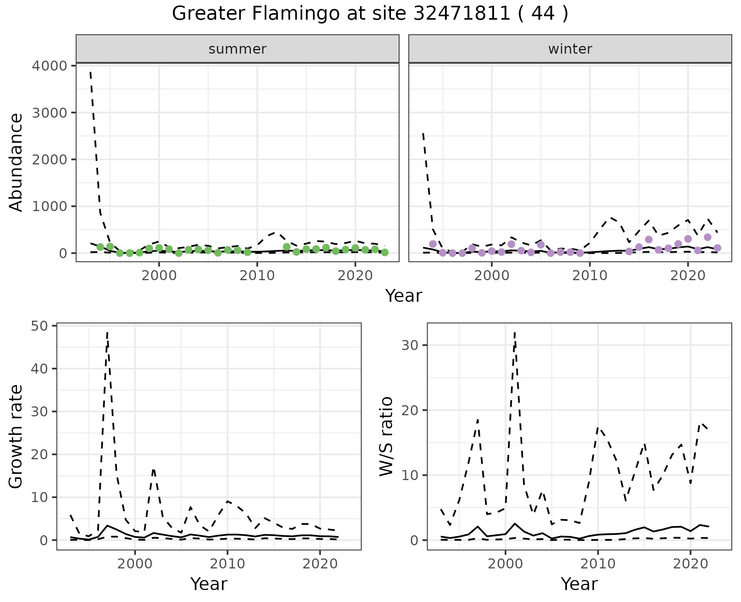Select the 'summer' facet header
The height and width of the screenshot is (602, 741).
(237, 49)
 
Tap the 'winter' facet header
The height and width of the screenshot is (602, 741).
(570, 49)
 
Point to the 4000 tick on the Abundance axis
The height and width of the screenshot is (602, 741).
(49, 66)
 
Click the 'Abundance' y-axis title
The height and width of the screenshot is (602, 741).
(16, 162)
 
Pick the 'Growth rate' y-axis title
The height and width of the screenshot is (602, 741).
(16, 436)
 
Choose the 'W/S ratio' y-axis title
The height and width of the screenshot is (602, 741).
(386, 436)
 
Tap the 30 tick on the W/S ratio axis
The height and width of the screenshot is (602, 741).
(410, 345)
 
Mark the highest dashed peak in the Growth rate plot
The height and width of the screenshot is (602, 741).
(107, 332)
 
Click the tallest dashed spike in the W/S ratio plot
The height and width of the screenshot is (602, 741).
(515, 332)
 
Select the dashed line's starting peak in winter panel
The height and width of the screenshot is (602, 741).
(423, 134)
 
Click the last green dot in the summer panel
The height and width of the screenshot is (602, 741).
(385, 252)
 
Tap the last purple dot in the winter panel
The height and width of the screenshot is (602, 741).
(717, 248)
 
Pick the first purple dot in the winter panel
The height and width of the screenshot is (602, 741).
(433, 244)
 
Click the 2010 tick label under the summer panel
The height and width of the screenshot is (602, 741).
(257, 276)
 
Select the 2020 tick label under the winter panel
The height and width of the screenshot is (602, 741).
(688, 276)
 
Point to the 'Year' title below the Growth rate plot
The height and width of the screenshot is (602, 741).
(209, 584)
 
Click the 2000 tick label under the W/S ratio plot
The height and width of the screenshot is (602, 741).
(505, 564)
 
